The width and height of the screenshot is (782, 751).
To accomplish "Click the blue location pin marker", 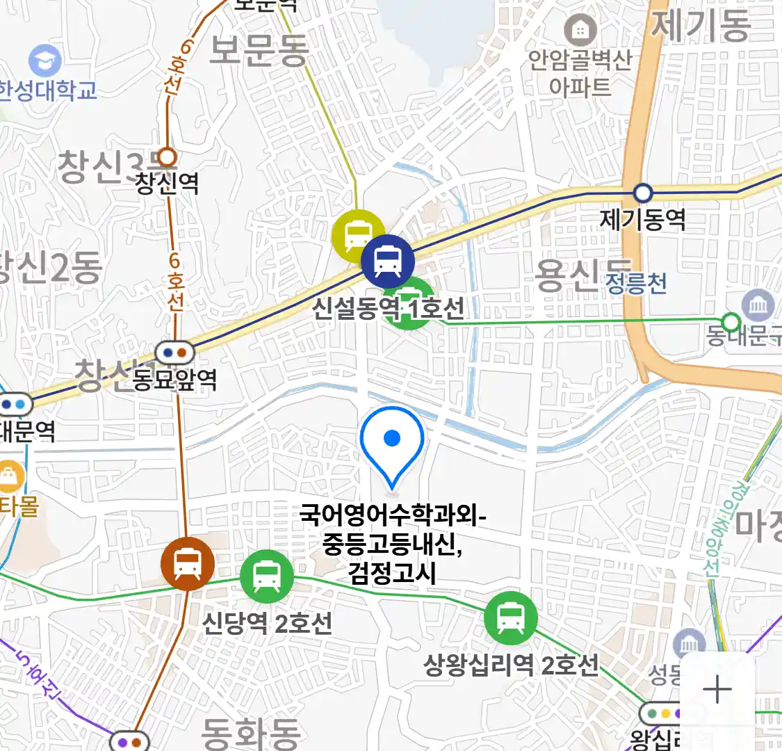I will pos(392,442).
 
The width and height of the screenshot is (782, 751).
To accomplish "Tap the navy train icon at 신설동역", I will pos(387,261).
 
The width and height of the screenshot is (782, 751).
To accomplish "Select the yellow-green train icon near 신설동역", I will pos(358,235).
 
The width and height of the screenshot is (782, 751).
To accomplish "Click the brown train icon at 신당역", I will pos(188,563).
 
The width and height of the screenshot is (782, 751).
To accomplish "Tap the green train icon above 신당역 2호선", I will pos(267,576).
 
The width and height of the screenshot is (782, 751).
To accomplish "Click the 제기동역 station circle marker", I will pos(643,193).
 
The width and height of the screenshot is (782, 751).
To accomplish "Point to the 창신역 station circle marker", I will pos(167,156).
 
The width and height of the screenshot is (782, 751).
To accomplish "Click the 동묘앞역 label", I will pos(174,380).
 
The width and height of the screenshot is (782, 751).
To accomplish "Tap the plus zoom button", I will pos(717,690).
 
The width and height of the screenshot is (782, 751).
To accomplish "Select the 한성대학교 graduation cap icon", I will pos(45,61).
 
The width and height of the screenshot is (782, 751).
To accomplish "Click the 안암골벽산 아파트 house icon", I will pos(579,30).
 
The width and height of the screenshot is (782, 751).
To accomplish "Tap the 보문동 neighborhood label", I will pos(259,50).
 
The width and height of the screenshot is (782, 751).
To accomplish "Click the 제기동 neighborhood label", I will pos(701,24).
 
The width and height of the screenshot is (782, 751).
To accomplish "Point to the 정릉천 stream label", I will pos(636,283).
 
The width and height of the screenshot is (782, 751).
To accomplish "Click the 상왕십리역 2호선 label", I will pos(511,665).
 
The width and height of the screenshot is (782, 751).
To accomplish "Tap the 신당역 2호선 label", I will pos(267,622).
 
